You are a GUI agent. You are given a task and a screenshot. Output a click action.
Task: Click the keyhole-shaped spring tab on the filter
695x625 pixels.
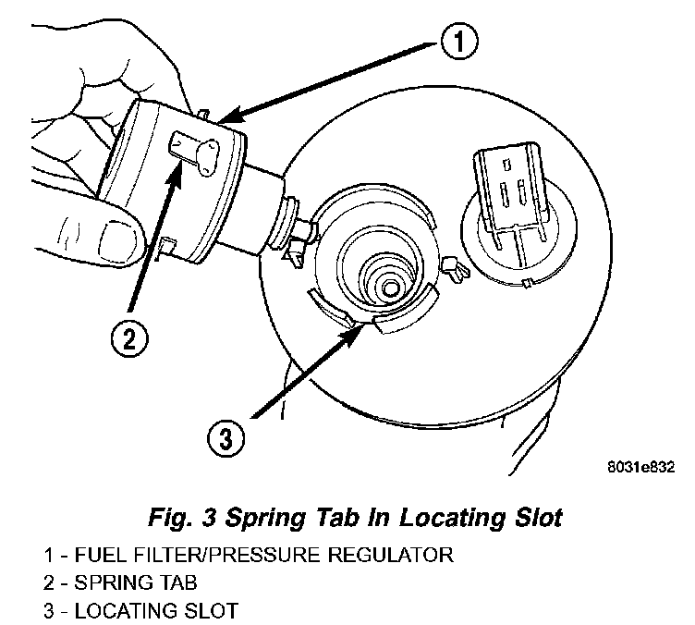(195, 147)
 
